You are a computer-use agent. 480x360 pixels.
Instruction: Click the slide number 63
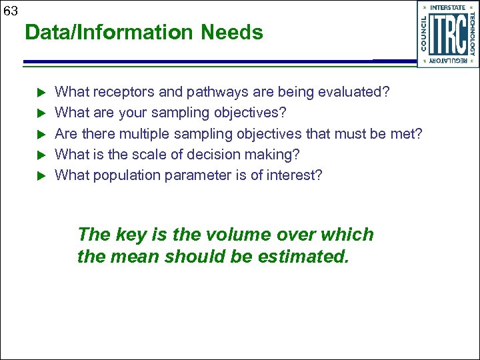pos(10,11)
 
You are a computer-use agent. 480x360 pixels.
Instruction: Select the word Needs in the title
pos(239,33)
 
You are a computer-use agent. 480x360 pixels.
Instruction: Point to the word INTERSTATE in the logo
pos(447,8)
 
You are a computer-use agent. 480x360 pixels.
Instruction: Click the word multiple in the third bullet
pos(144,133)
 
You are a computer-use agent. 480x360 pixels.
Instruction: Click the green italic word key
pos(131,235)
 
